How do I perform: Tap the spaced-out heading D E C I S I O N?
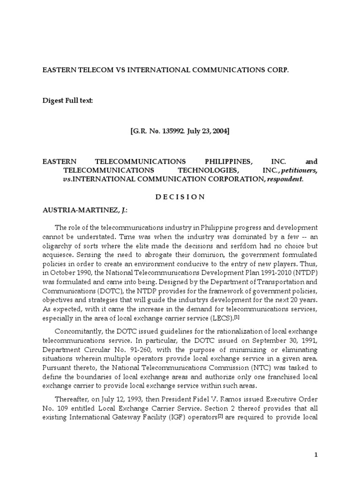[180, 197]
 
